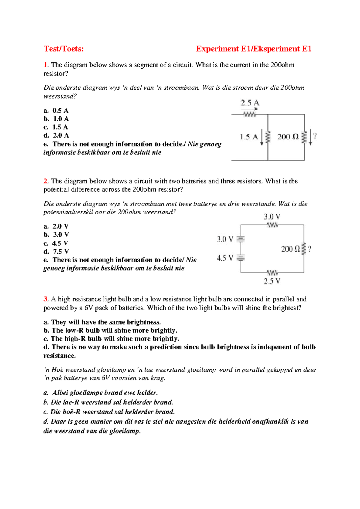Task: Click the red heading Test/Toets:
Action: click(64, 49)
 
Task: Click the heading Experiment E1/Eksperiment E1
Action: click(253, 49)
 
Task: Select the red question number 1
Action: click(45, 65)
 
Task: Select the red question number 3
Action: click(45, 299)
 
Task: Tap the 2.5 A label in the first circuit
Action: click(250, 103)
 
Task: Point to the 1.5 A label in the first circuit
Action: click(249, 137)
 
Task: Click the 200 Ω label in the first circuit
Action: click(288, 137)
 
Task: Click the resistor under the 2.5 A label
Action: click(250, 115)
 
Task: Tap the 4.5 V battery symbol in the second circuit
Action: click(241, 258)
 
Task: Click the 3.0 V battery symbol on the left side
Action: click(241, 239)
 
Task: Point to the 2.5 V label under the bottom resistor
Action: click(272, 281)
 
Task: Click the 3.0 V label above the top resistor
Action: click(272, 217)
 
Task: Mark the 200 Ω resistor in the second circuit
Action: click(304, 249)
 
